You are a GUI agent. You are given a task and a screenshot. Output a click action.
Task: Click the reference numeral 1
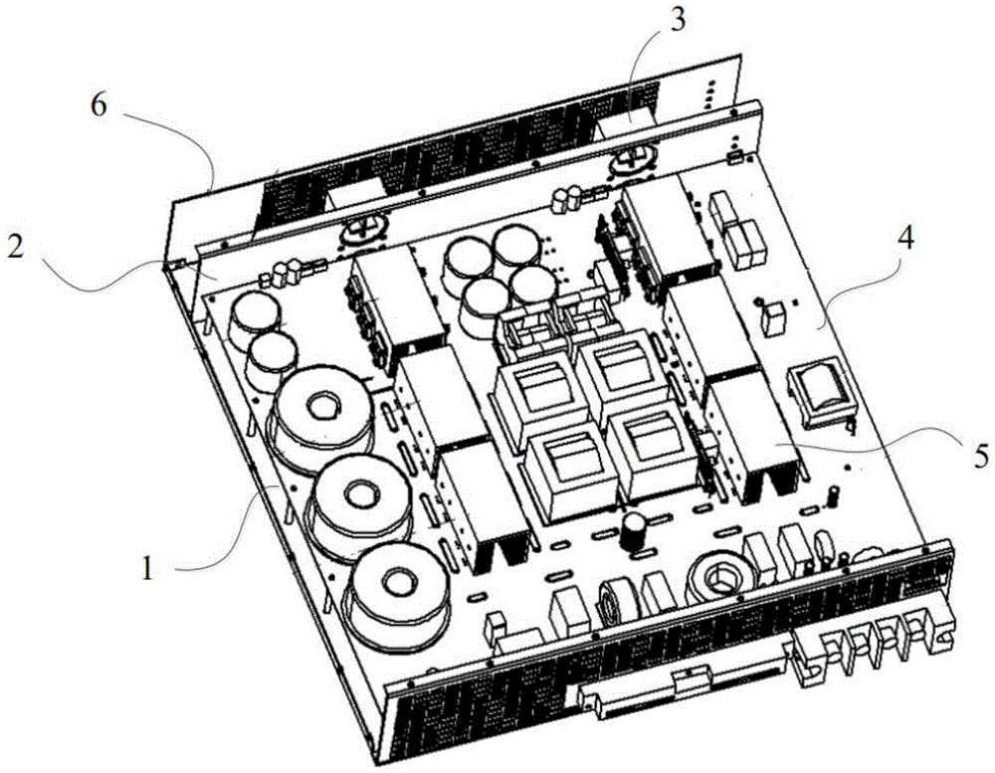coord(147,569)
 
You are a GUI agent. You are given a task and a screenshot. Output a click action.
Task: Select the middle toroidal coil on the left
coord(353,495)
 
